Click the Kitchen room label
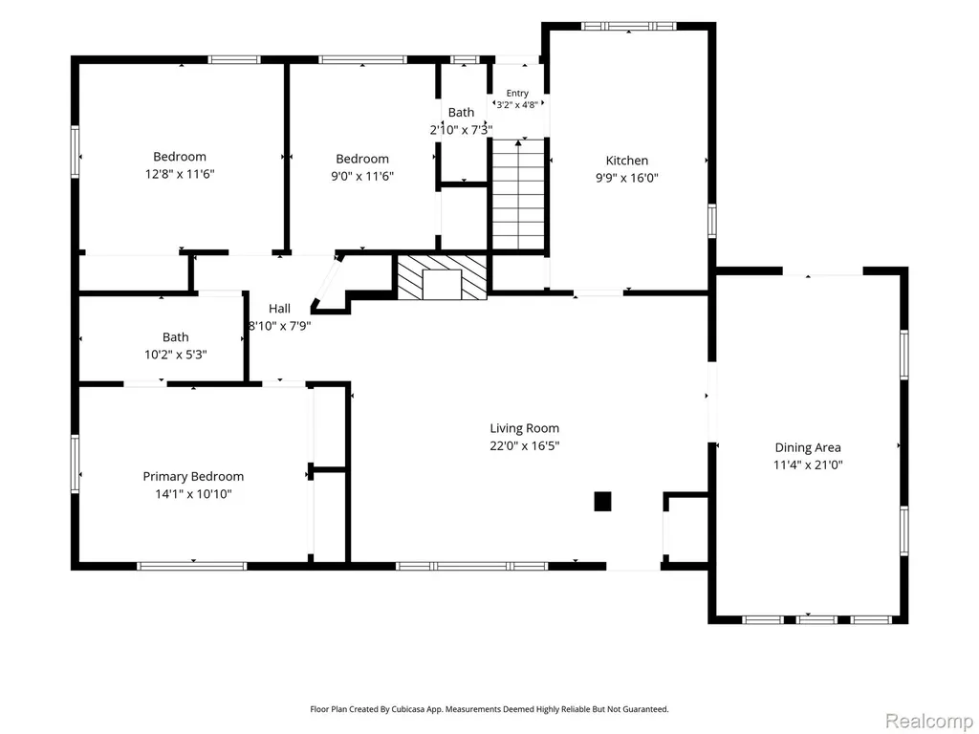(x=627, y=161)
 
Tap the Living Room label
(x=525, y=428)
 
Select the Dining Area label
(x=808, y=447)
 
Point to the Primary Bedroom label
(x=193, y=477)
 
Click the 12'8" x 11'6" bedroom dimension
(x=180, y=174)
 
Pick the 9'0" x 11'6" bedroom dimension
(x=362, y=176)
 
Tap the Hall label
(x=280, y=309)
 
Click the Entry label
(x=517, y=93)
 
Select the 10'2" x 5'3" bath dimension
(x=176, y=356)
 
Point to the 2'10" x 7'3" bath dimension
(x=461, y=130)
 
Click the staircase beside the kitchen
(x=518, y=195)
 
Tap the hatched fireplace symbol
(x=442, y=278)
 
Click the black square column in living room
(x=602, y=502)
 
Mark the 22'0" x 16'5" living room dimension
(x=525, y=446)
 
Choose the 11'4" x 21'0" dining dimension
(x=808, y=465)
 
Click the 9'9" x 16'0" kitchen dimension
(x=627, y=178)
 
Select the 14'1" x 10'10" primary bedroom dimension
(x=193, y=494)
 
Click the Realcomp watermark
(x=928, y=721)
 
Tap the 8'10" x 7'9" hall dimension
(x=280, y=326)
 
